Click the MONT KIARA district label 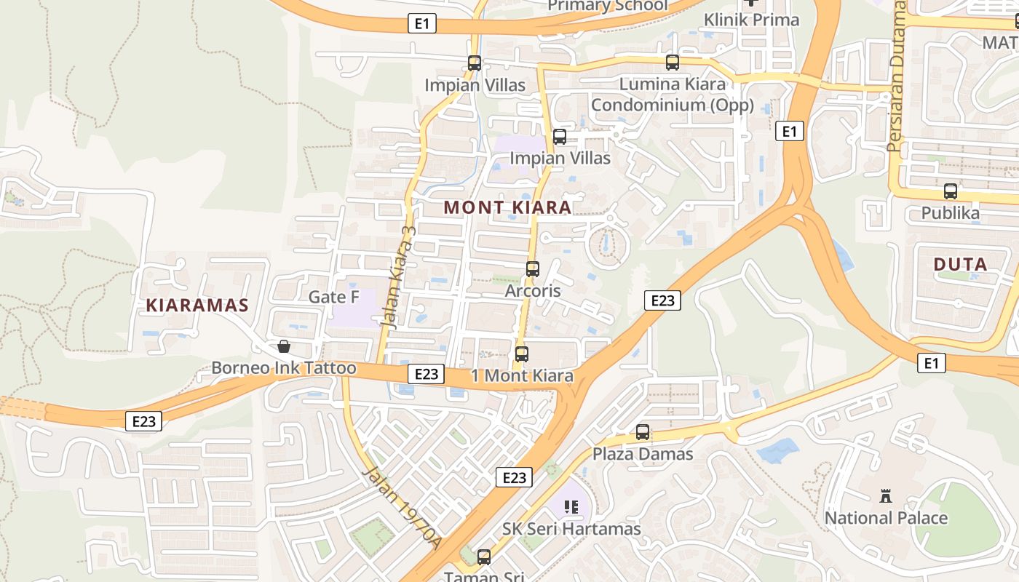507,207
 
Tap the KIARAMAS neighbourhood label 197,305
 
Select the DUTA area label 960,264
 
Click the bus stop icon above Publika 951,191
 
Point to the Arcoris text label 533,291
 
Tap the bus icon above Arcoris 533,269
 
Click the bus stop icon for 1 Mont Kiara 522,354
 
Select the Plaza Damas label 643,454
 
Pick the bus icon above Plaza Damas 643,432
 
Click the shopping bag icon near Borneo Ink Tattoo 284,346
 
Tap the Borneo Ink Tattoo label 284,368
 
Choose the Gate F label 334,297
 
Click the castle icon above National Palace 886,496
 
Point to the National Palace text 886,518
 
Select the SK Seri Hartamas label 571,529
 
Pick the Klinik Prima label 751,20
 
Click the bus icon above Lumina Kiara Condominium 673,63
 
